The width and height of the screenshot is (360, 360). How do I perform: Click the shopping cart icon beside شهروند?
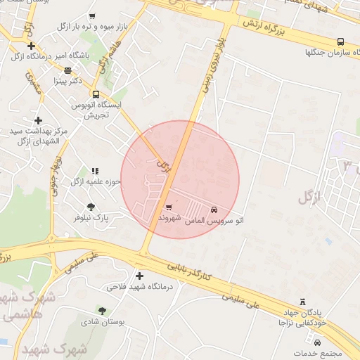168,207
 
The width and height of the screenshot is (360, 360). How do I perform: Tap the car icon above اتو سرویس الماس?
214,210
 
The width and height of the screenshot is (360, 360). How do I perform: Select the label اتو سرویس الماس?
214,220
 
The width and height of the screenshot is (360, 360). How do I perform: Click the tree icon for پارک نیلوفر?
91,207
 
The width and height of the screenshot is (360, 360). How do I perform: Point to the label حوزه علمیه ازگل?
96,181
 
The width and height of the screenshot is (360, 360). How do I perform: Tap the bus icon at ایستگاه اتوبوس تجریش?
96,94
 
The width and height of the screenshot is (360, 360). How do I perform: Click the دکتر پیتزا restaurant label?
68,81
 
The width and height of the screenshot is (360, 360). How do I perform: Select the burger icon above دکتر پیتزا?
67,70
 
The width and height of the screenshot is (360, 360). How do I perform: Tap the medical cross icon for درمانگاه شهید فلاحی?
139,276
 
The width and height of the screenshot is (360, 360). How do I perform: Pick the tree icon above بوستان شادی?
103,310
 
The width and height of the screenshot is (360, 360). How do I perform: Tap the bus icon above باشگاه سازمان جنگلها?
340,41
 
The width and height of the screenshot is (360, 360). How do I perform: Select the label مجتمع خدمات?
316,353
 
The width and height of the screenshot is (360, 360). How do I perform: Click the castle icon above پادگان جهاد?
303,301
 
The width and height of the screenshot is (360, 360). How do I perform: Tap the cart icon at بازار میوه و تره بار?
92,15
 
